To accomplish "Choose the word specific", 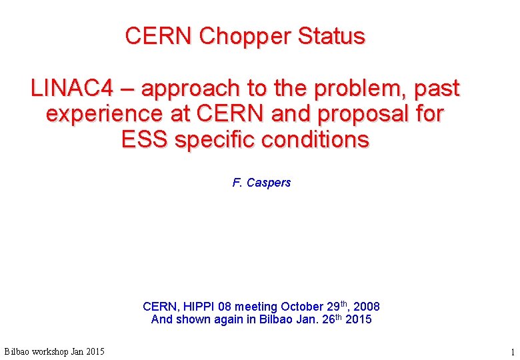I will tap(215, 141).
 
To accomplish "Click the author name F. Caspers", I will tap(261, 183).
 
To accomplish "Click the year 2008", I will tap(366, 307).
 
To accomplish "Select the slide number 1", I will tap(512, 351).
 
